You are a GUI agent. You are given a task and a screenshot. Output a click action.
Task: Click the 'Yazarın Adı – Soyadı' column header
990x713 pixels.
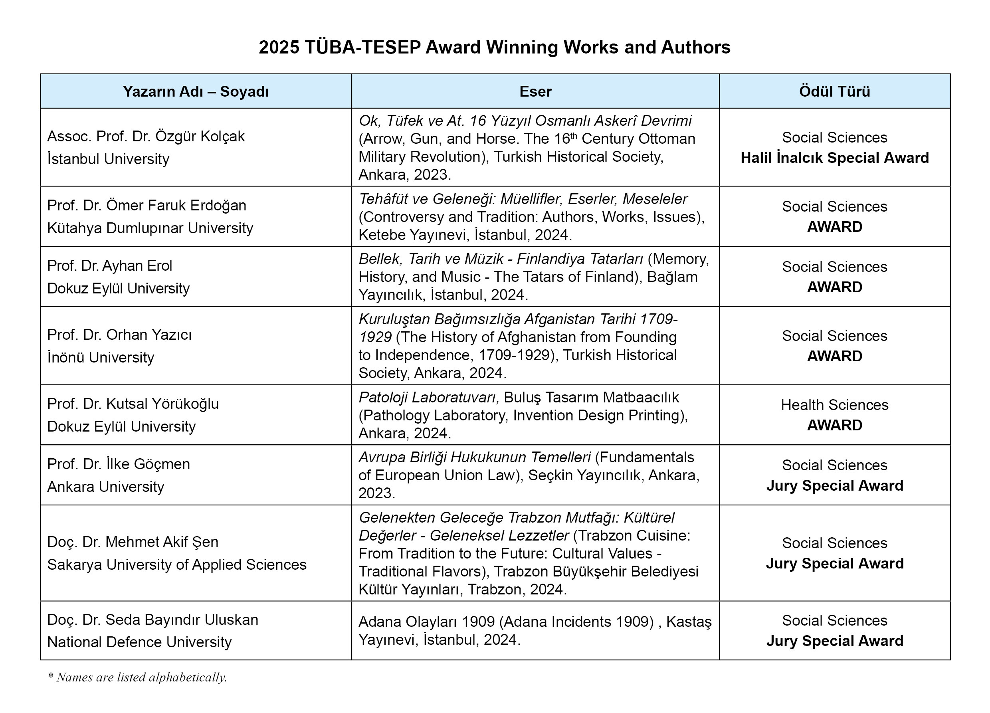click(x=196, y=91)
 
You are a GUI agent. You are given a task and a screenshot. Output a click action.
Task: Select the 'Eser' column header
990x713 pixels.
click(x=535, y=91)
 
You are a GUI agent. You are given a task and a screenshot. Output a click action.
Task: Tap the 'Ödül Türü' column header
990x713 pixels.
click(x=834, y=91)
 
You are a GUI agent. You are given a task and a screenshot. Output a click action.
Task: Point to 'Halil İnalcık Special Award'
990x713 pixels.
click(x=834, y=158)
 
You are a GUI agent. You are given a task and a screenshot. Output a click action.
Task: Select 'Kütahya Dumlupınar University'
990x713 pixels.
click(x=150, y=228)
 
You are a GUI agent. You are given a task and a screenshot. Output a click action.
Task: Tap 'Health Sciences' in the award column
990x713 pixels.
click(x=834, y=405)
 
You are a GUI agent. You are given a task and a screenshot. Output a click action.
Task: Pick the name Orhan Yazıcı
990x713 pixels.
click(x=149, y=335)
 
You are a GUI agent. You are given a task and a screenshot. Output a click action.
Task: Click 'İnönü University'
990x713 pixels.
click(x=101, y=357)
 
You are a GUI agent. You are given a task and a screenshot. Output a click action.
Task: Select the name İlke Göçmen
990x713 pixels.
click(x=148, y=464)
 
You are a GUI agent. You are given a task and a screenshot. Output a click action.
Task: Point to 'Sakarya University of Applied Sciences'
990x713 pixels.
click(x=177, y=564)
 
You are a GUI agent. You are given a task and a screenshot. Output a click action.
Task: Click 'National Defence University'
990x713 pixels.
click(x=139, y=642)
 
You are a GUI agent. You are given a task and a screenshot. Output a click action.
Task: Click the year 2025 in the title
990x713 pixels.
click(x=279, y=47)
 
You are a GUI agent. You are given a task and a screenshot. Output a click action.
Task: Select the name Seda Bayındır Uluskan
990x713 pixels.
click(x=182, y=620)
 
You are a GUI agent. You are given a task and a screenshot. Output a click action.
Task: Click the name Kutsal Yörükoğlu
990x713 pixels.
click(x=162, y=404)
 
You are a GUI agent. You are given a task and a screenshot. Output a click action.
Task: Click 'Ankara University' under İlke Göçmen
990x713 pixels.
click(x=106, y=486)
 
